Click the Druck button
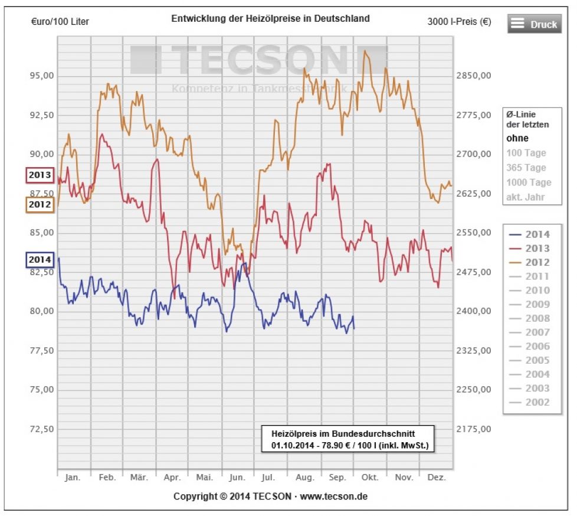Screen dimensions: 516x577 534,24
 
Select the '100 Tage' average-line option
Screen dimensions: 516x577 526,153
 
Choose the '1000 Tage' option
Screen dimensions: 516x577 529,182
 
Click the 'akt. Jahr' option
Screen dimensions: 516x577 526,197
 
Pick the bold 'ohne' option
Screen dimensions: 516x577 517,139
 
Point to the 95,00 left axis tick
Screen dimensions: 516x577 42,76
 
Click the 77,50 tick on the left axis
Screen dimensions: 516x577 42,350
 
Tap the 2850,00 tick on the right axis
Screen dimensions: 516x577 474,76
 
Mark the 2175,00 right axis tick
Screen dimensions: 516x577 474,429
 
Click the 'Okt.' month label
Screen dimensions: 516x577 370,477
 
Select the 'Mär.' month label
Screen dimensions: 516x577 139,477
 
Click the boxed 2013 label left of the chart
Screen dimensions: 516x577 39,175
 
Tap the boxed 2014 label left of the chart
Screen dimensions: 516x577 39,260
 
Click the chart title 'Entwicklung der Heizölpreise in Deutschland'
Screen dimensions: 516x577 270,18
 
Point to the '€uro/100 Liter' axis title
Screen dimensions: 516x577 60,22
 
